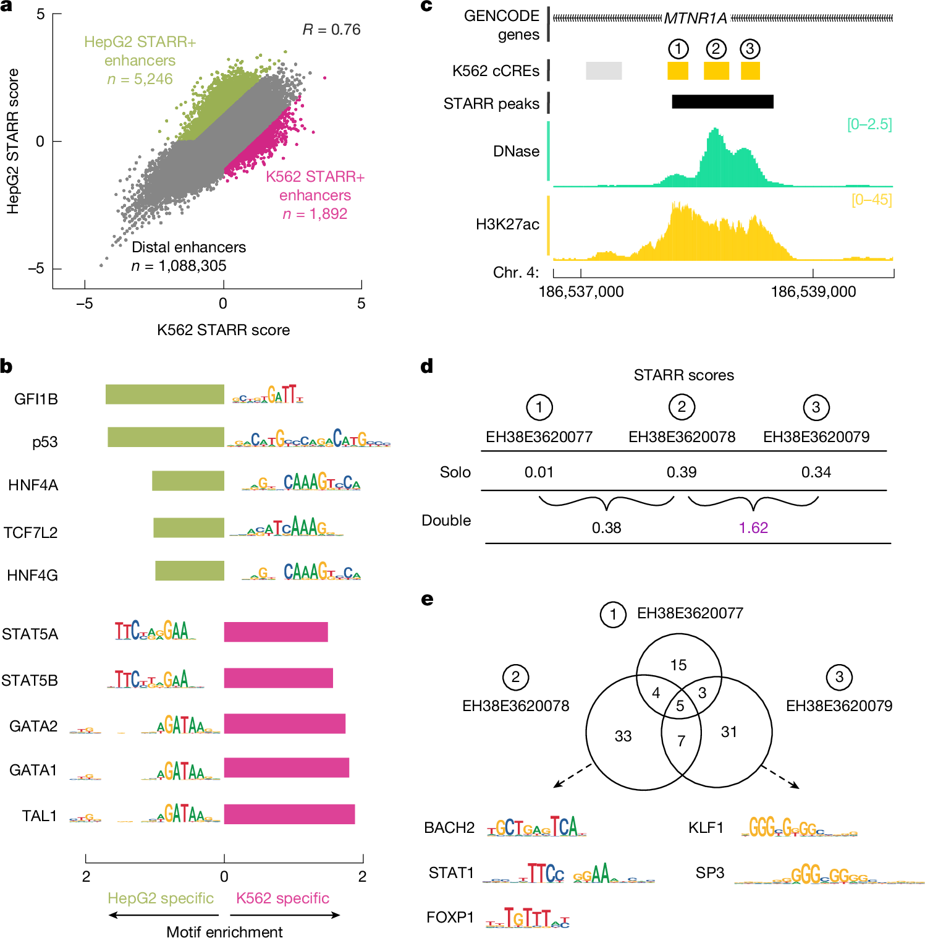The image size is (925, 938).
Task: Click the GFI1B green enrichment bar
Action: pyautogui.click(x=164, y=394)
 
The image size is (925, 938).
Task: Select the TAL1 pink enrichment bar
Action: pyautogui.click(x=289, y=814)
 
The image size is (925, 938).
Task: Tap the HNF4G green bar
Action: pyautogui.click(x=189, y=571)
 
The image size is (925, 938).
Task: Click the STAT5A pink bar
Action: pyautogui.click(x=276, y=632)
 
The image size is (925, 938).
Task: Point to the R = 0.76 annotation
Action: pyautogui.click(x=331, y=30)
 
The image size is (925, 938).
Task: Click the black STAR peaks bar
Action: pyautogui.click(x=722, y=101)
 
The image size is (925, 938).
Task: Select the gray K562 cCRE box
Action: pyautogui.click(x=604, y=70)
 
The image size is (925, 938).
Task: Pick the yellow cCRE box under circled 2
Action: pyautogui.click(x=716, y=70)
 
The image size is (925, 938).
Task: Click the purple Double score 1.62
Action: pyautogui.click(x=753, y=527)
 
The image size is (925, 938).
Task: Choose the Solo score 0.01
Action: pyautogui.click(x=539, y=472)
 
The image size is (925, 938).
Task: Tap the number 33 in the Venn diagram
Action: pyautogui.click(x=623, y=736)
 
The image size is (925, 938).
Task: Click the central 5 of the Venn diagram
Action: pyautogui.click(x=680, y=706)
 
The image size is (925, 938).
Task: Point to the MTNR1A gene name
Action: pyautogui.click(x=696, y=19)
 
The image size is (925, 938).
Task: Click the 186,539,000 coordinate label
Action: pyautogui.click(x=813, y=292)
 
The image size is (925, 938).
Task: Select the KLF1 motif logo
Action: pyautogui.click(x=799, y=827)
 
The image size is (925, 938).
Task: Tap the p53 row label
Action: pyautogui.click(x=44, y=442)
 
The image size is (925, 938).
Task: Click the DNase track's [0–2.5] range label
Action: pyautogui.click(x=869, y=124)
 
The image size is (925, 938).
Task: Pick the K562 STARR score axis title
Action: pyautogui.click(x=223, y=330)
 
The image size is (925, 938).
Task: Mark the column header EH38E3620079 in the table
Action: pyautogui.click(x=816, y=437)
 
